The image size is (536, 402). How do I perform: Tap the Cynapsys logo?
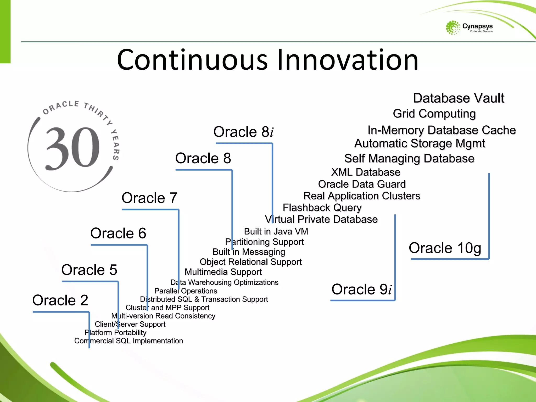point(469,28)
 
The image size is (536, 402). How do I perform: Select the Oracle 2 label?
point(60,300)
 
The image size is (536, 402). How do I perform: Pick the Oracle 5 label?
point(89,270)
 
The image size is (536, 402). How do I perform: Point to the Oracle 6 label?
point(118,233)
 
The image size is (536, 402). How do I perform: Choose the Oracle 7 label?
point(149,198)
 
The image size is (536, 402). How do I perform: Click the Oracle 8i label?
point(243,132)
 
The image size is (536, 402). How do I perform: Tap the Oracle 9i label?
point(361,289)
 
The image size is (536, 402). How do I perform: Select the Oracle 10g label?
point(445,248)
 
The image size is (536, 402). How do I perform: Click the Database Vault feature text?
point(458,98)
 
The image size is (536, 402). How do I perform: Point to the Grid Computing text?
point(434,114)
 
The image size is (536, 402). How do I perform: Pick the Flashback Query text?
point(322,208)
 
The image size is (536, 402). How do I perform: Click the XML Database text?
point(366,172)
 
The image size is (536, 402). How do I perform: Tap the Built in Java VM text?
point(276,231)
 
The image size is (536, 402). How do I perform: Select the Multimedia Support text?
point(223,272)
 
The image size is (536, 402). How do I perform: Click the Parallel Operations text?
point(186,291)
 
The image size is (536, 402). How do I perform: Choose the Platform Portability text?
point(115,332)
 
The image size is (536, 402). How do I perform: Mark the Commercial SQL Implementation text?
point(129,341)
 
